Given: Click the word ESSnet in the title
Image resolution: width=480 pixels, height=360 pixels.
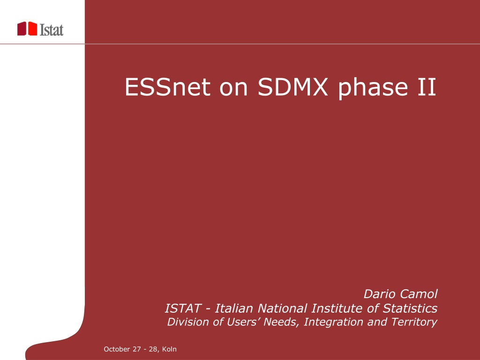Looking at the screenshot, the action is (x=167, y=87).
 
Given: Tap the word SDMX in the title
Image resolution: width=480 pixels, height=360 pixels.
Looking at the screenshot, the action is (x=292, y=87).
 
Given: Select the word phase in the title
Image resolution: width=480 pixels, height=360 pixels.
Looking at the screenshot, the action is (x=373, y=89).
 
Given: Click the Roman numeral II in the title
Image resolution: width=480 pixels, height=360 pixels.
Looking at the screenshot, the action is (x=428, y=87).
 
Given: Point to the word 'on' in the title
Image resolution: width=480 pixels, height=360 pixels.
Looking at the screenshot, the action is (x=233, y=89).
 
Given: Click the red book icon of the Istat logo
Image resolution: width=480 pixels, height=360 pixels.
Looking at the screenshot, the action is (x=27, y=29).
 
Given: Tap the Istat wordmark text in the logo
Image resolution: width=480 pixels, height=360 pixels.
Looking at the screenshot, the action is (x=52, y=30).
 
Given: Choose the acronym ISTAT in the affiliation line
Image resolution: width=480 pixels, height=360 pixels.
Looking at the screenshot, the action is (x=183, y=308).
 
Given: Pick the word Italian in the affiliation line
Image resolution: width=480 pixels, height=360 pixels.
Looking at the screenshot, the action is (x=234, y=308).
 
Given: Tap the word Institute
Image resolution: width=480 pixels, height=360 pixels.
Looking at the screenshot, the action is (x=337, y=308).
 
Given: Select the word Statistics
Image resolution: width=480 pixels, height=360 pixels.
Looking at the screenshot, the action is (x=410, y=308).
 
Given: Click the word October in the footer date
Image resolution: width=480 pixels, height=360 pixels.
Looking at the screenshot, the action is (x=117, y=349).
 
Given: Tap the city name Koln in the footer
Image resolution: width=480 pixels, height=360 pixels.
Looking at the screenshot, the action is (x=169, y=349).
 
